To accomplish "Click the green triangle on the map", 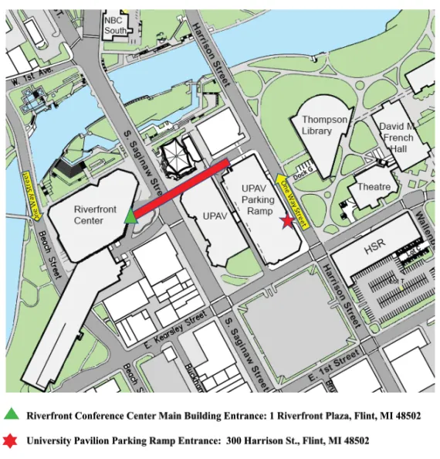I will tap(130, 216).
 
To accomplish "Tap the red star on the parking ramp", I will tap(287, 221).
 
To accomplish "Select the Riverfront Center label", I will tap(94, 214).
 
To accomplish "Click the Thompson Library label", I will tap(324, 126).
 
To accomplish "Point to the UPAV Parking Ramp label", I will tap(258, 199).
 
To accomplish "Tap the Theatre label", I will tap(374, 187).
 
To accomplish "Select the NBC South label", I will tap(115, 25).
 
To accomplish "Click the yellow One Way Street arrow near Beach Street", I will tap(31, 195).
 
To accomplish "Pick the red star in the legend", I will tap(11, 441).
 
